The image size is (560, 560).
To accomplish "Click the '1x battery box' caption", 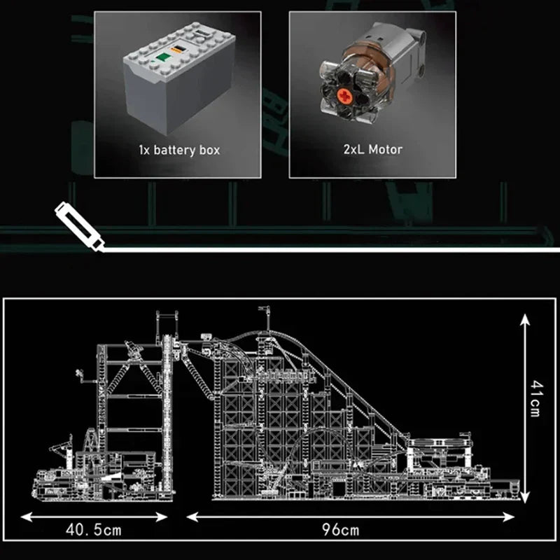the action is [x=179, y=150].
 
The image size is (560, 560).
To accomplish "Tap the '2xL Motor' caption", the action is [x=373, y=149].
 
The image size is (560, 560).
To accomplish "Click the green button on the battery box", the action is [x=164, y=58].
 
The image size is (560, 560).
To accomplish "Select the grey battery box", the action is [x=179, y=78].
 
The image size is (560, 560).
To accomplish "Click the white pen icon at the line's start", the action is [x=79, y=227].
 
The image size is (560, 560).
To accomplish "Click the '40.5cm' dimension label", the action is [x=94, y=530].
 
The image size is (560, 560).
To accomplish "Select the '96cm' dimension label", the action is [x=340, y=530].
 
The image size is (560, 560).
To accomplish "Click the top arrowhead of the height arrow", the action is [x=524, y=319].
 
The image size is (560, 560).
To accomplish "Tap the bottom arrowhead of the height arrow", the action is [x=524, y=497].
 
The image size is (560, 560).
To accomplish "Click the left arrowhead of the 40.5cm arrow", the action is [x=27, y=517].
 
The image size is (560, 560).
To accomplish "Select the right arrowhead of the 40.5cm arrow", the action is [x=162, y=517].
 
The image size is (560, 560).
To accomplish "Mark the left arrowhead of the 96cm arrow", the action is [x=192, y=517].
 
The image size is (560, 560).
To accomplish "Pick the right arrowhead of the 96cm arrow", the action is [x=508, y=517].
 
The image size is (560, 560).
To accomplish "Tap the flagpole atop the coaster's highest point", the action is [x=267, y=318].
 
